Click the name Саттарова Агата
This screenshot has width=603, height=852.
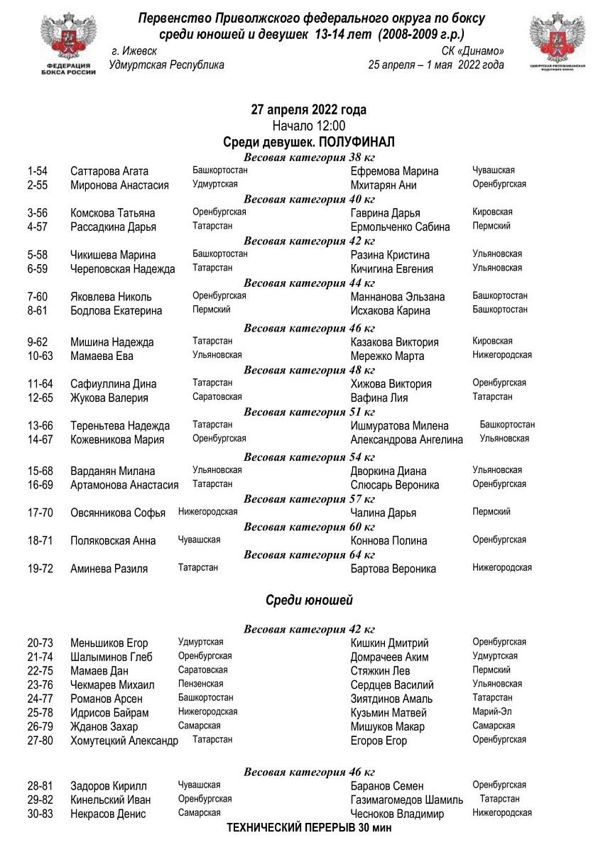tap(109, 171)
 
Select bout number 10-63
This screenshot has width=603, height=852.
tap(40, 356)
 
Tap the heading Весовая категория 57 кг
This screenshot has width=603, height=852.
tap(309, 498)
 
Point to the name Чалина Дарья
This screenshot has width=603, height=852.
tap(384, 513)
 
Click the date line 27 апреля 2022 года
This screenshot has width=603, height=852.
tap(309, 110)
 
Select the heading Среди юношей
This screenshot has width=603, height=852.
tap(309, 601)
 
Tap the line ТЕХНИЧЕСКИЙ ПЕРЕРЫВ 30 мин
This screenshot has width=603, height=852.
tap(309, 827)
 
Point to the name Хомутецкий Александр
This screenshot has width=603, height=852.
tap(124, 741)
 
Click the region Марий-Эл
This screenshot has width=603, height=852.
tap(491, 711)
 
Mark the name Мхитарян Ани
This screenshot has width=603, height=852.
tap(384, 185)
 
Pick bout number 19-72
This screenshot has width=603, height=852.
tap(40, 569)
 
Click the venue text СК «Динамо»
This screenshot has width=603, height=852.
tap(473, 51)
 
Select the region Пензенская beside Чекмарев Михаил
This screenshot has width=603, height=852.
tap(200, 684)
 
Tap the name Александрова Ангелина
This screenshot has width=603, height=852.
tap(406, 439)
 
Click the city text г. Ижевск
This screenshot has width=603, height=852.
tap(135, 51)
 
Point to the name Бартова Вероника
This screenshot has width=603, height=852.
tap(393, 569)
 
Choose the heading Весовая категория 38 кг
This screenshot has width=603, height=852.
tap(309, 157)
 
